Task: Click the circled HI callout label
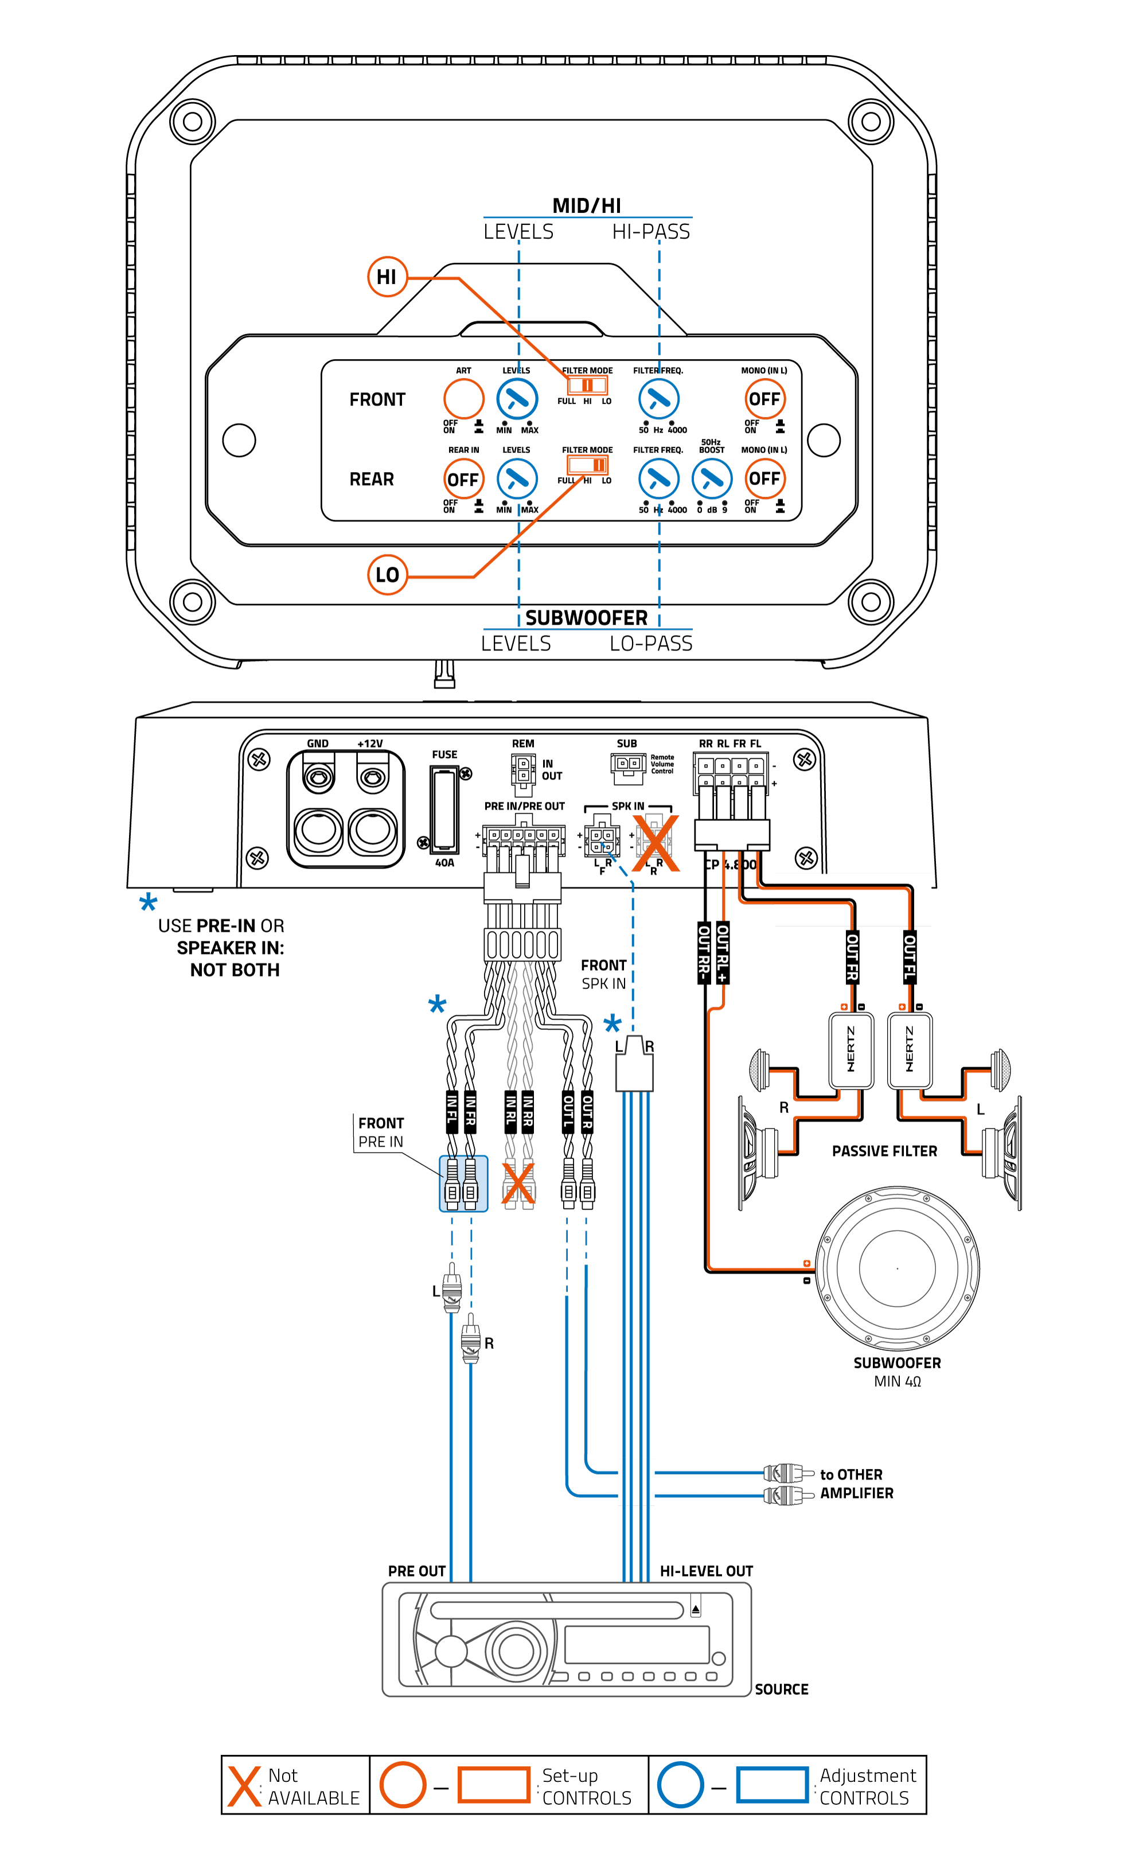387,277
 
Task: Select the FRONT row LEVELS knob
517,398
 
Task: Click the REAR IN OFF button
463,479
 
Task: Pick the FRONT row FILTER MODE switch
587,386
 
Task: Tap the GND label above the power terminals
318,743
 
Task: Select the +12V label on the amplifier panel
370,743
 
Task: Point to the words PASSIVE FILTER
884,1151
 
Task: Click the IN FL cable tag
452,1112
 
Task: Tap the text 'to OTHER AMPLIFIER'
856,1484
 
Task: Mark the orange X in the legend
244,1786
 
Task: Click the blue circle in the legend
681,1785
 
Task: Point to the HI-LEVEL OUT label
706,1571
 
